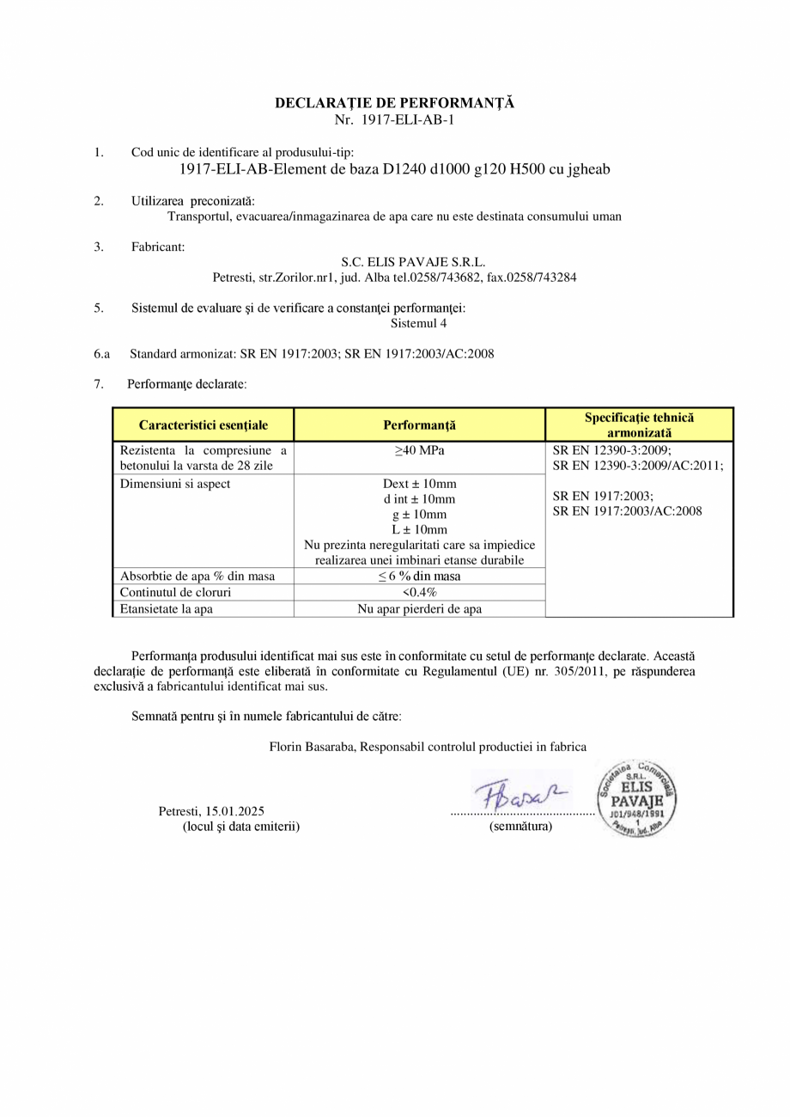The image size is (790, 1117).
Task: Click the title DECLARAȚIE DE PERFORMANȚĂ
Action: (x=394, y=103)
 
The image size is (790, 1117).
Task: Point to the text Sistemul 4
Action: (x=418, y=324)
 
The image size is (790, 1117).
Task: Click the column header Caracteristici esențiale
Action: (x=204, y=424)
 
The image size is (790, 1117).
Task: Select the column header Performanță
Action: (x=419, y=424)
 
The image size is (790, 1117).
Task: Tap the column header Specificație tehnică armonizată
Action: (x=639, y=424)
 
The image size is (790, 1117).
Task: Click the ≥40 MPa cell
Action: (x=419, y=450)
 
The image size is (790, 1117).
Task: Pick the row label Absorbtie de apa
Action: (x=197, y=577)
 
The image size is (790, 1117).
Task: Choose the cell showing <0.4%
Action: (x=419, y=593)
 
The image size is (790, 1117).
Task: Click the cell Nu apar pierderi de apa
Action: (x=419, y=609)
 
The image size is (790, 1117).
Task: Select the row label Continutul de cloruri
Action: (x=176, y=593)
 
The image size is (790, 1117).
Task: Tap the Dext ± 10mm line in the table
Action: (x=419, y=483)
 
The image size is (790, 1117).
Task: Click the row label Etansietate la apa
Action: (x=167, y=609)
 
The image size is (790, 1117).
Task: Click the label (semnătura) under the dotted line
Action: (x=520, y=827)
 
